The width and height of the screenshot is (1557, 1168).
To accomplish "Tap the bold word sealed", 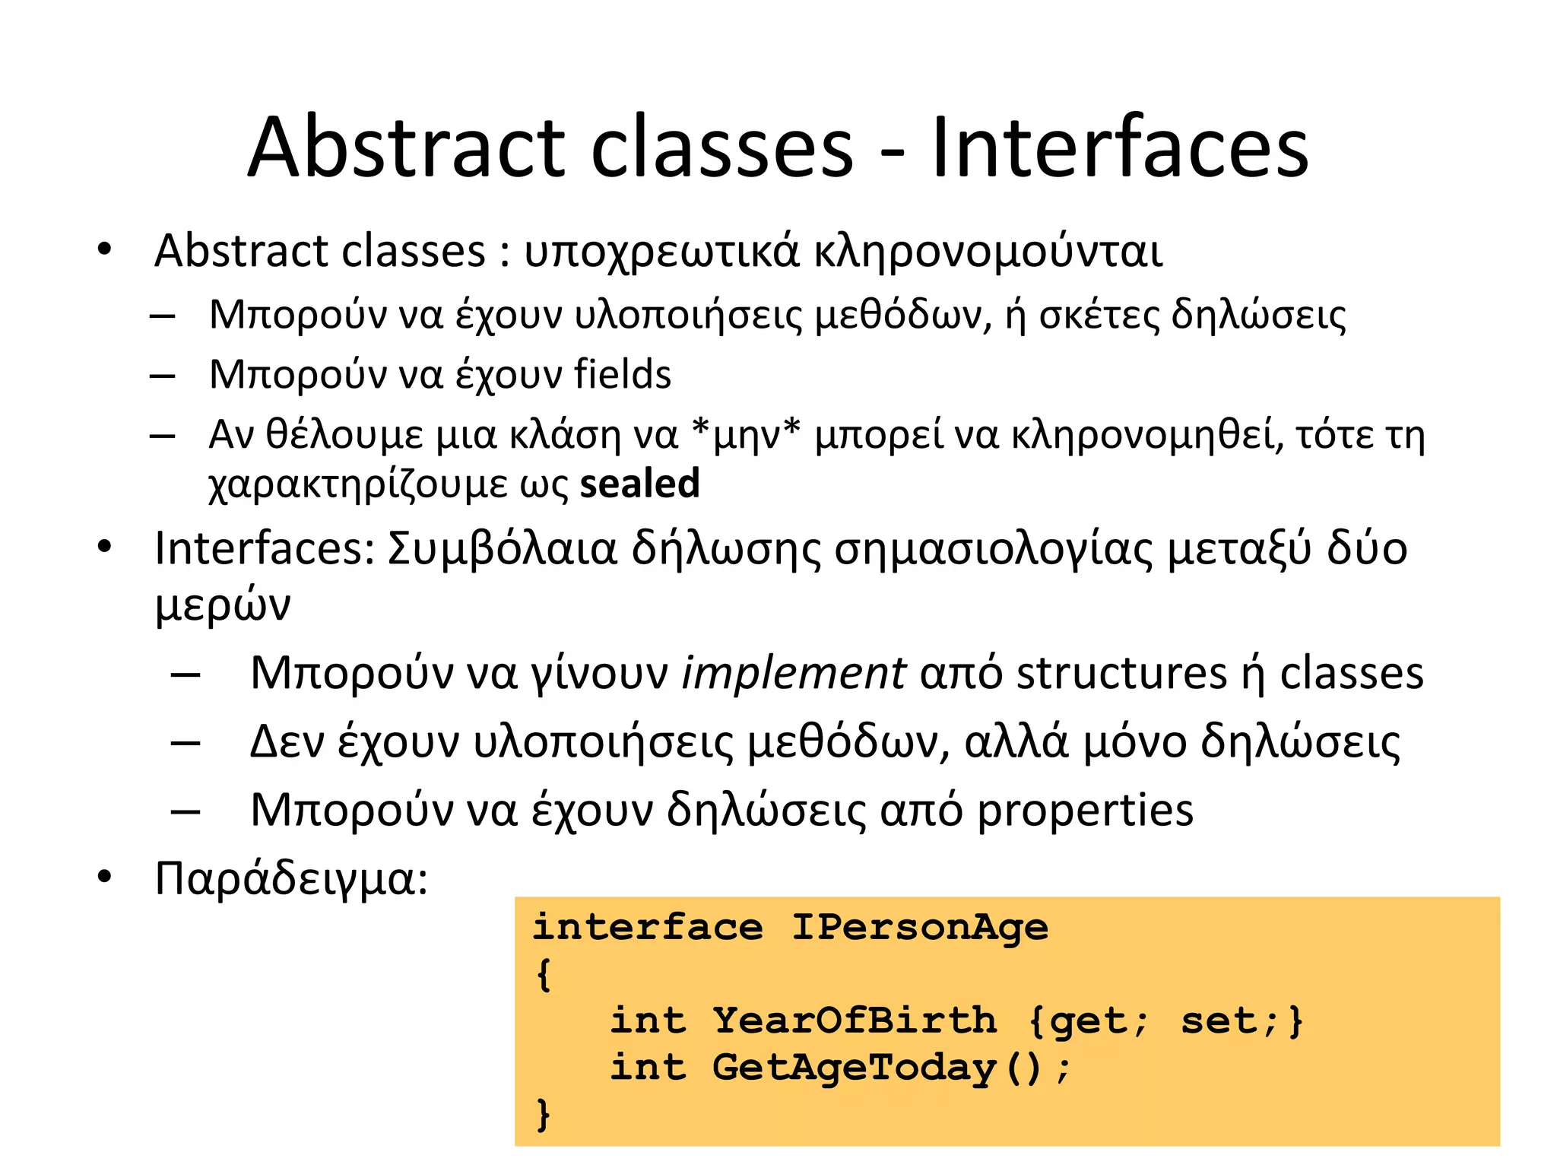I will point(639,484).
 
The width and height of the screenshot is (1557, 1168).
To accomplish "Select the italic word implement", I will point(793,674).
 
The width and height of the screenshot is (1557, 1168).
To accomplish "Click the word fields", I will point(623,374).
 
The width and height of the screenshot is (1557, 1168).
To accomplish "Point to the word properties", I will point(1085,811).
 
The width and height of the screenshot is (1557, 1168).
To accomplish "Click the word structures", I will point(1121,674).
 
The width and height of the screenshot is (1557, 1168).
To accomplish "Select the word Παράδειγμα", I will point(291,879).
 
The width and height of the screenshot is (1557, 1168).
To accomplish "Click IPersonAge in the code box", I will point(920,927).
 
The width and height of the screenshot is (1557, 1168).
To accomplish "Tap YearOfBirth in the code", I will point(855,1020).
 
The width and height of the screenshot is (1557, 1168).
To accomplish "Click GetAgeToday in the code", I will point(855,1068).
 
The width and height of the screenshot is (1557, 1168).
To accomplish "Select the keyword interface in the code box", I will point(648,927).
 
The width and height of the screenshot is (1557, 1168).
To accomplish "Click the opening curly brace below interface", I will point(543,974).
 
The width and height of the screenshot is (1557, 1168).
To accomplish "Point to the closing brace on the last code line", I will point(543,1115).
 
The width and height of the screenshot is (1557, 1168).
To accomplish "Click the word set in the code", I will point(1219,1020).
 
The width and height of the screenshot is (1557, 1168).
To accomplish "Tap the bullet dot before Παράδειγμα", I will point(104,878).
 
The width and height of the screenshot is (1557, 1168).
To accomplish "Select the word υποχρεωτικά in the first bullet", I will point(661,251).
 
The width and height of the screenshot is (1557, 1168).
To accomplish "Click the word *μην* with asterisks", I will point(746,435).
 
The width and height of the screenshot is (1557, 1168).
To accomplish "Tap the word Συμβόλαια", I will point(502,549).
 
